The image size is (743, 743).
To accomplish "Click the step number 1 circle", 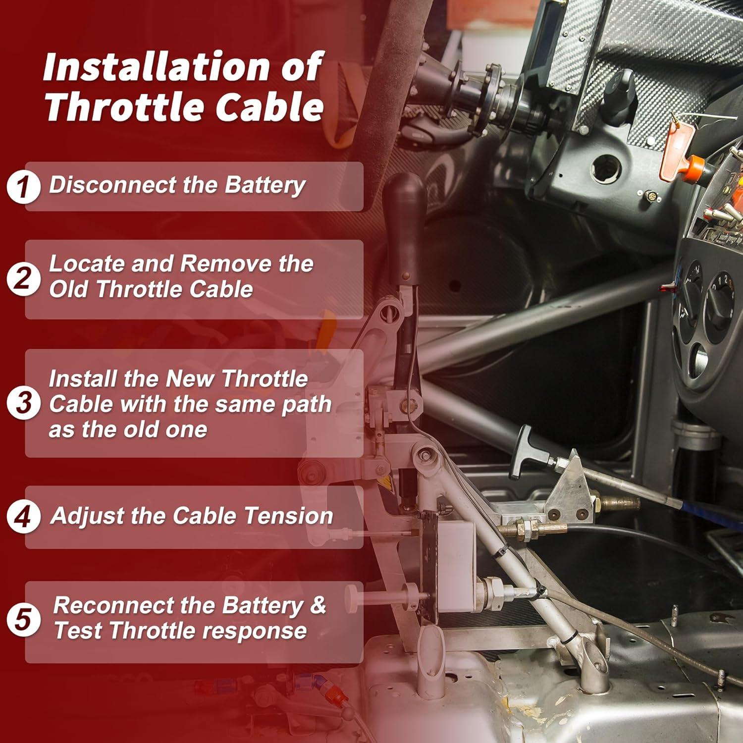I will click(x=23, y=187).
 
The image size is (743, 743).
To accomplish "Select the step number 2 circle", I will click(x=23, y=279).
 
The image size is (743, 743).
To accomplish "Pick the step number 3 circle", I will click(x=23, y=403).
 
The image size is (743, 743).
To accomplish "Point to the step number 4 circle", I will click(x=23, y=517).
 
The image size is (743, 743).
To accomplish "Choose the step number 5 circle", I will click(x=23, y=620).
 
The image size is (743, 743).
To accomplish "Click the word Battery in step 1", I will click(x=265, y=185).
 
